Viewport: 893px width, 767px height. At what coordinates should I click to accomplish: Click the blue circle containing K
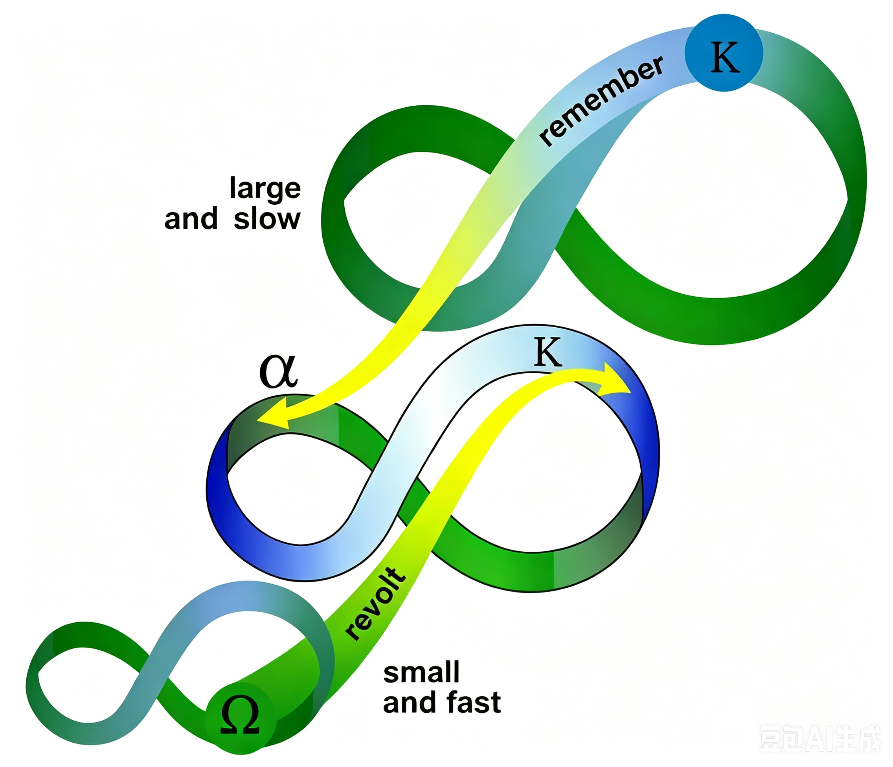(x=724, y=53)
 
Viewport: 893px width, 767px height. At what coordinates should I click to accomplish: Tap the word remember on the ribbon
(x=602, y=102)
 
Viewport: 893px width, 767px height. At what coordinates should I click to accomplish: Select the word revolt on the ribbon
(x=375, y=604)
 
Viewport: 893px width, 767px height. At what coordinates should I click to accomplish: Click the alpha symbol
(x=278, y=371)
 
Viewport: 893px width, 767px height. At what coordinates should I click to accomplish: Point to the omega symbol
(x=240, y=715)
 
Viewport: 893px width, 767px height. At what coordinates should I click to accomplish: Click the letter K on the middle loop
(x=548, y=352)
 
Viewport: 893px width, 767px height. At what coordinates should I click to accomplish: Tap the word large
(x=265, y=189)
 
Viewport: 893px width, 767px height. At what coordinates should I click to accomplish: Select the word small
(x=421, y=672)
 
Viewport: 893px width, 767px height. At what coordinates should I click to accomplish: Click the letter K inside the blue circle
(x=725, y=57)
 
